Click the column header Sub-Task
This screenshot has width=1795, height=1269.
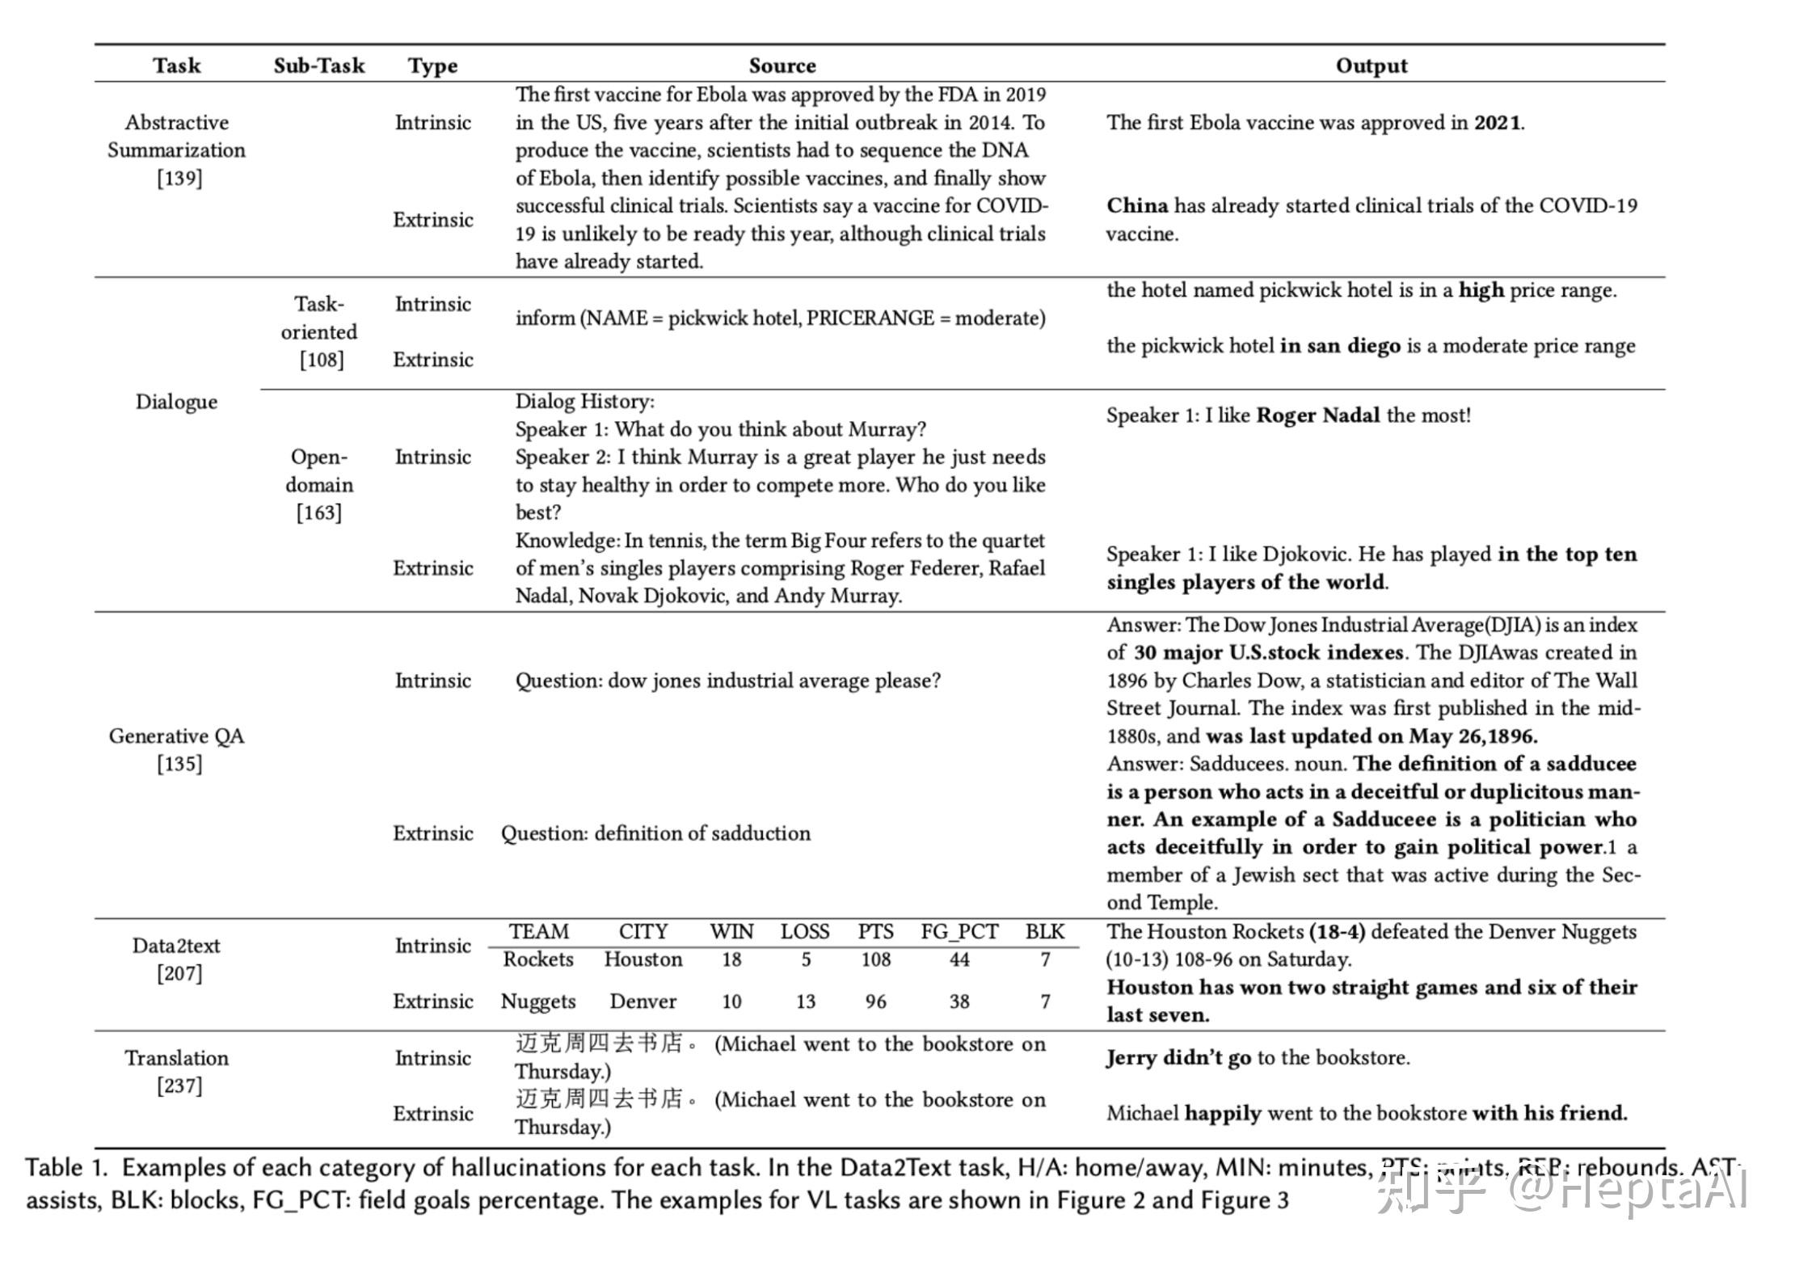pyautogui.click(x=318, y=65)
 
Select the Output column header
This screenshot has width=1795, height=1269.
pyautogui.click(x=1371, y=65)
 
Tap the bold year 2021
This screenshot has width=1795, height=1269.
pyautogui.click(x=1497, y=123)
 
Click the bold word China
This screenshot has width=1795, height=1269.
pyautogui.click(x=1137, y=205)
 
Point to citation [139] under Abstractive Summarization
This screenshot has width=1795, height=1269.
pyautogui.click(x=179, y=178)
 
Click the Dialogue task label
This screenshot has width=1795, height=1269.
pyautogui.click(x=176, y=402)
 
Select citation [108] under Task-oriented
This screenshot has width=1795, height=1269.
pyautogui.click(x=321, y=360)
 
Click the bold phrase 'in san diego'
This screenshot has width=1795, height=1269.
pyautogui.click(x=1340, y=346)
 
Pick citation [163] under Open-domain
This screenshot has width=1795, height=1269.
pyautogui.click(x=318, y=512)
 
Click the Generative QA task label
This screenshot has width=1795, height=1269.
pyautogui.click(x=176, y=736)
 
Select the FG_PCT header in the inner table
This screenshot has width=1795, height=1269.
pyautogui.click(x=959, y=932)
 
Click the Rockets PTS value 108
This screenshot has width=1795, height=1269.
pyautogui.click(x=875, y=959)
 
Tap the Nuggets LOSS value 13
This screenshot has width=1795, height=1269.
pyautogui.click(x=805, y=1001)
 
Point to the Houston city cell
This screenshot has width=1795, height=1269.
pyautogui.click(x=643, y=959)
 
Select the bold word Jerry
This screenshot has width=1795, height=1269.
pyautogui.click(x=1131, y=1058)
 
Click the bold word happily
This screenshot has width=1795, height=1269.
pyautogui.click(x=1222, y=1114)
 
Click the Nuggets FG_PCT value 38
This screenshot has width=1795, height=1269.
pyautogui.click(x=959, y=1001)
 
